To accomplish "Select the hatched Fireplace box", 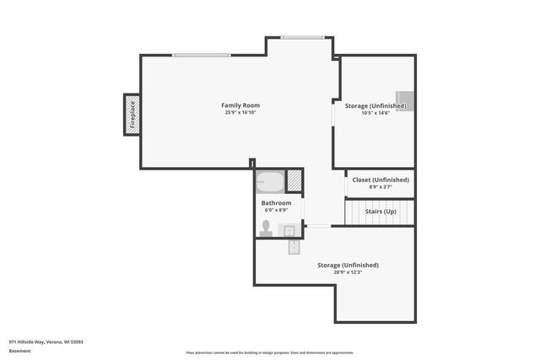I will [131, 115].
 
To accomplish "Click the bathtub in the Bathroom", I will [270, 182].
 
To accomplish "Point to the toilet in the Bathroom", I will [267, 228].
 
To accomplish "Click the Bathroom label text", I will [276, 203].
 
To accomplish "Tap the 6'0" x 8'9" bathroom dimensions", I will [276, 210].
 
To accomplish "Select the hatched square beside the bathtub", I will [294, 181].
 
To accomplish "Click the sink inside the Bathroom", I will [289, 230].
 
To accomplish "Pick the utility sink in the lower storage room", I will [294, 246].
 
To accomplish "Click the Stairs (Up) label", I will [381, 211].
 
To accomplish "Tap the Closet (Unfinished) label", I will [381, 180].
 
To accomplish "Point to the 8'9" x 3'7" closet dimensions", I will [381, 186].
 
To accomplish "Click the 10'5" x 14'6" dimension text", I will [375, 113].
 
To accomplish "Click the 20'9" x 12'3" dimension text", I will [348, 272].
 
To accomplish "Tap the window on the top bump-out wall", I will [302, 37].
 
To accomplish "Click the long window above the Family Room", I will [201, 56].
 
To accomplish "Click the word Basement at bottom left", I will [20, 351].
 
